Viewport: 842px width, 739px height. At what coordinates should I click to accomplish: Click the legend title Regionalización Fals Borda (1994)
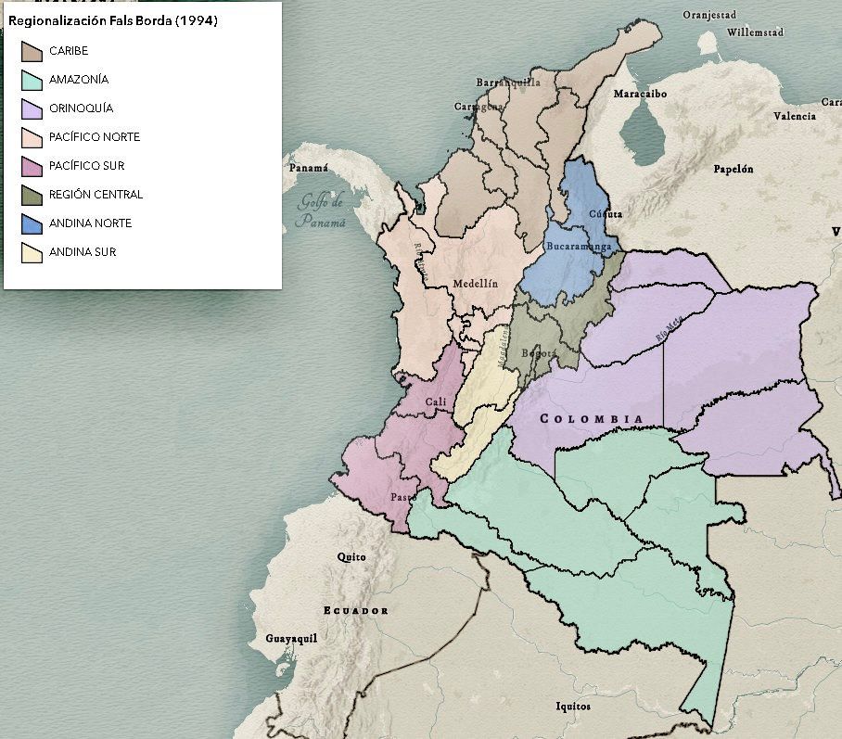pyautogui.click(x=113, y=21)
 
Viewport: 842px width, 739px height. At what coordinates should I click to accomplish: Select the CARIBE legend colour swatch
pyautogui.click(x=32, y=51)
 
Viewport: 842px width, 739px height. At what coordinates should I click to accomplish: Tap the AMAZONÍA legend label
pyautogui.click(x=79, y=80)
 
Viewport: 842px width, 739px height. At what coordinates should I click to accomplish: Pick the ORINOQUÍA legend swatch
pyautogui.click(x=32, y=108)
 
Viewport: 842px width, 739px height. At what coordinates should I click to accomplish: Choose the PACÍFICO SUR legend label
pyautogui.click(x=86, y=166)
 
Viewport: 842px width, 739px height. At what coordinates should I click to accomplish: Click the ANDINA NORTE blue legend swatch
pyautogui.click(x=32, y=223)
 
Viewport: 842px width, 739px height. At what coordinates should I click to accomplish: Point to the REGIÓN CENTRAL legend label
pyautogui.click(x=96, y=195)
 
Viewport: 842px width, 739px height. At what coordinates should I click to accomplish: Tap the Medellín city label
pyautogui.click(x=476, y=284)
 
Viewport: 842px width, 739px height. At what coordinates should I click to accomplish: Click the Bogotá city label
pyautogui.click(x=539, y=353)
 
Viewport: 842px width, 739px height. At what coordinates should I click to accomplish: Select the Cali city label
pyautogui.click(x=436, y=401)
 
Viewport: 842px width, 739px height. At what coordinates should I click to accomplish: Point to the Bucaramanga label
pyautogui.click(x=579, y=247)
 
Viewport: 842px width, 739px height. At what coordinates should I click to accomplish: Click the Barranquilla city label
pyautogui.click(x=507, y=83)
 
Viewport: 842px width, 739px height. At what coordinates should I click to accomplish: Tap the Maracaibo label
pyautogui.click(x=640, y=94)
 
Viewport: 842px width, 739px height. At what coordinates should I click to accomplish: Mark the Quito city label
pyautogui.click(x=351, y=556)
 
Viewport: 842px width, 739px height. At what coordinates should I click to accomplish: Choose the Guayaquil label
pyautogui.click(x=291, y=639)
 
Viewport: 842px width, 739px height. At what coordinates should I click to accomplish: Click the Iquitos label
pyautogui.click(x=572, y=707)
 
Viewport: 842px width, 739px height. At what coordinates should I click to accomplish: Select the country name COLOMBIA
pyautogui.click(x=592, y=419)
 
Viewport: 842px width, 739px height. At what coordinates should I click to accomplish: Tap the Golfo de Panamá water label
pyautogui.click(x=320, y=211)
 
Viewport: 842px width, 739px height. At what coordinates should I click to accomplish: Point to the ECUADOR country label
pyautogui.click(x=355, y=610)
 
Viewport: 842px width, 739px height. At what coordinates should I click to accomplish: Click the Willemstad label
pyautogui.click(x=755, y=32)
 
